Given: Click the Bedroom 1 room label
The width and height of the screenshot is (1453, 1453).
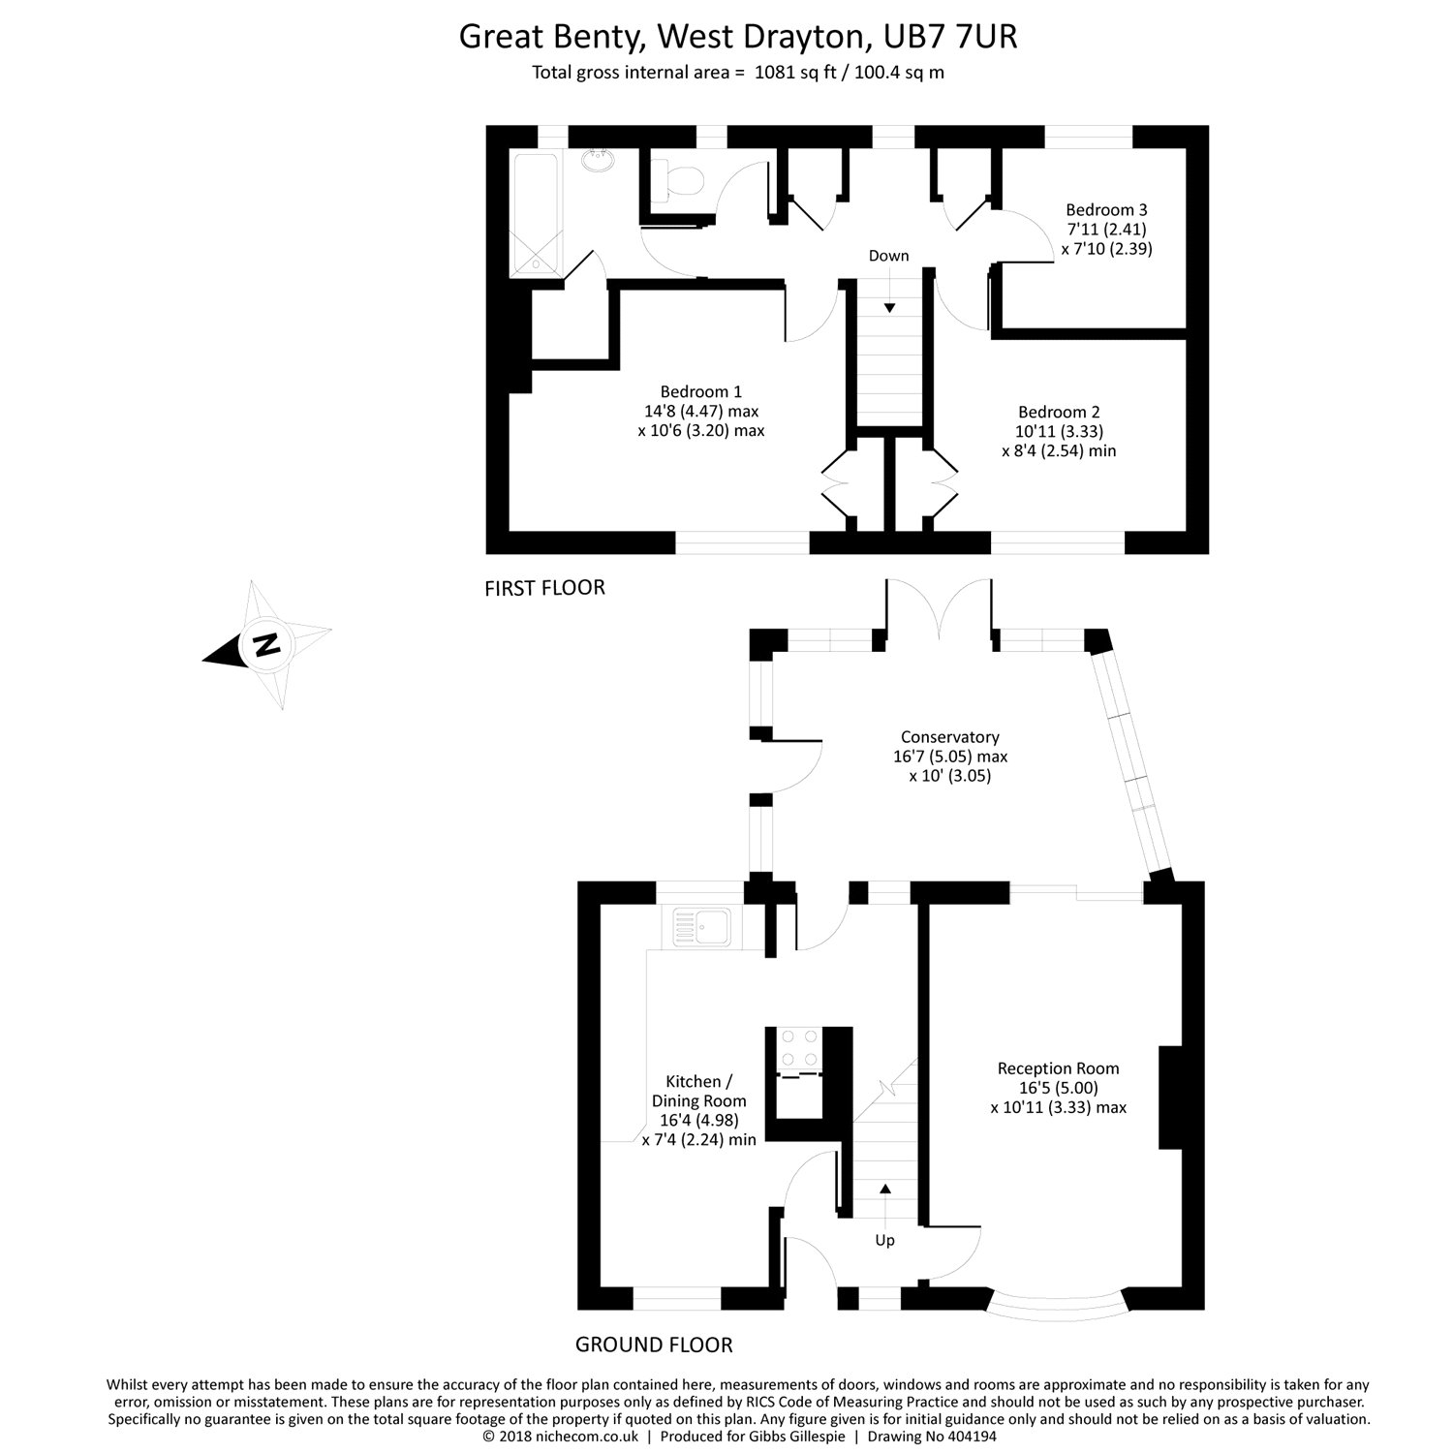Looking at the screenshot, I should (700, 392).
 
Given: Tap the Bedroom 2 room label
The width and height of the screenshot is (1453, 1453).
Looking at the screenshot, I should (1059, 412).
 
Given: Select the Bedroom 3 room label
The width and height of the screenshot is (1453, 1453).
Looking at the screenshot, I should (1106, 209).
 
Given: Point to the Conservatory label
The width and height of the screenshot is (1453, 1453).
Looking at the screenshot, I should (949, 737).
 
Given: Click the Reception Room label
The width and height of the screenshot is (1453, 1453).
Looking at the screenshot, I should (1058, 1068).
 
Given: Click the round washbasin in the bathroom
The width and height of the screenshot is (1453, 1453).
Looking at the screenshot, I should (599, 161).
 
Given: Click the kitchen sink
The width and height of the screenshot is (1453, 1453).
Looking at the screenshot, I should (702, 927).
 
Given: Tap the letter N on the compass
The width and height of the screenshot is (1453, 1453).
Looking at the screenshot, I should (263, 643).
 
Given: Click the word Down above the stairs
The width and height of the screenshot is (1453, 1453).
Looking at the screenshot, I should (888, 256).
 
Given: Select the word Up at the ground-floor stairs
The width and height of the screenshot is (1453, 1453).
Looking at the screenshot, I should (884, 1240).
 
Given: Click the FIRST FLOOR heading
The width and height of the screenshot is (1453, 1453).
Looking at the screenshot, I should (544, 588).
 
